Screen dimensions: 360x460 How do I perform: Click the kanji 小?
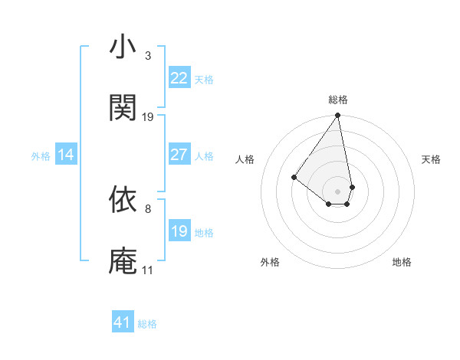[x=123, y=47]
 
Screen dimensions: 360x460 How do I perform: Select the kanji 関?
[x=123, y=108]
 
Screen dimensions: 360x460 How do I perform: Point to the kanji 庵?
[x=123, y=261]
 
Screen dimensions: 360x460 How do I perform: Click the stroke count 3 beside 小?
[x=148, y=55]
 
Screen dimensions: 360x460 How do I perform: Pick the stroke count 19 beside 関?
[x=148, y=116]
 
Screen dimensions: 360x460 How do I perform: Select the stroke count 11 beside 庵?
[x=148, y=270]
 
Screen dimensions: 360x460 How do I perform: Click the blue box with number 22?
[x=179, y=78]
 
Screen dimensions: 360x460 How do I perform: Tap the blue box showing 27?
[x=179, y=155]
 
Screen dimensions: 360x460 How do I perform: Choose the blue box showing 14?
[x=66, y=155]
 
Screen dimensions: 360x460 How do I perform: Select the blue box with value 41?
[x=123, y=322]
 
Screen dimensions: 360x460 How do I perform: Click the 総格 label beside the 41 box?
[x=147, y=324]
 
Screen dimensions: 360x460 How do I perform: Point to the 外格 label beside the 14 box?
[x=41, y=156]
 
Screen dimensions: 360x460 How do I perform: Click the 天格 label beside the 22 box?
[x=203, y=80]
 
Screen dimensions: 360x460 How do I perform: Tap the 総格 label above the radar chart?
[x=338, y=100]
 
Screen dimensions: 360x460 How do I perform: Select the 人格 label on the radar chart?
[x=245, y=159]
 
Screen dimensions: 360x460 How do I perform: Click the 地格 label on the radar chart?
[x=402, y=262]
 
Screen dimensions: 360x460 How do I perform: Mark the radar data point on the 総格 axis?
[x=337, y=116]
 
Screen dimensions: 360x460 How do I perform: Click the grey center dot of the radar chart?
[x=337, y=191]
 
